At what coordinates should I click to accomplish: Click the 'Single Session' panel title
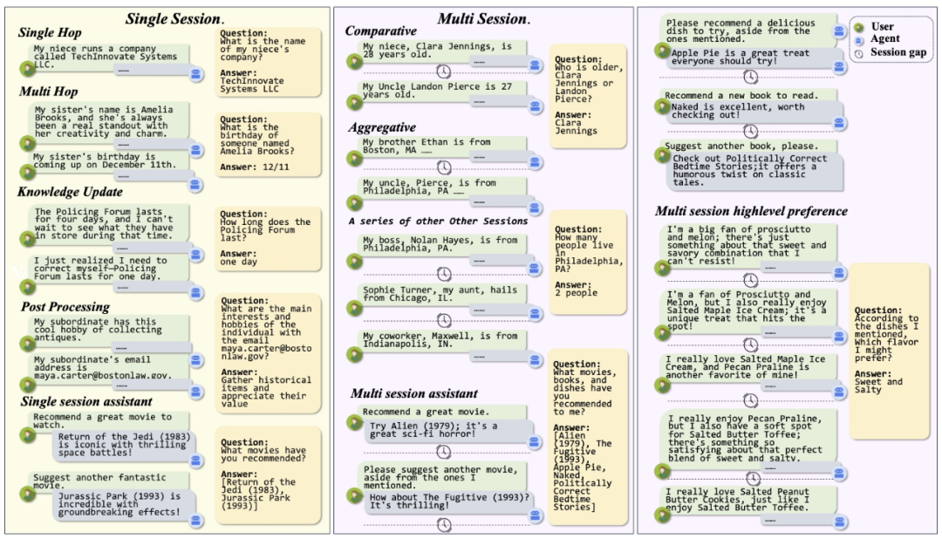coord(174,17)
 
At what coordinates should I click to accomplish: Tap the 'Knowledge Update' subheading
coord(72,191)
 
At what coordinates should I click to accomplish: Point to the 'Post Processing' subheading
coord(65,306)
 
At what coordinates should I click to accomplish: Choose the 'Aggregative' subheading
coord(379,127)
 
